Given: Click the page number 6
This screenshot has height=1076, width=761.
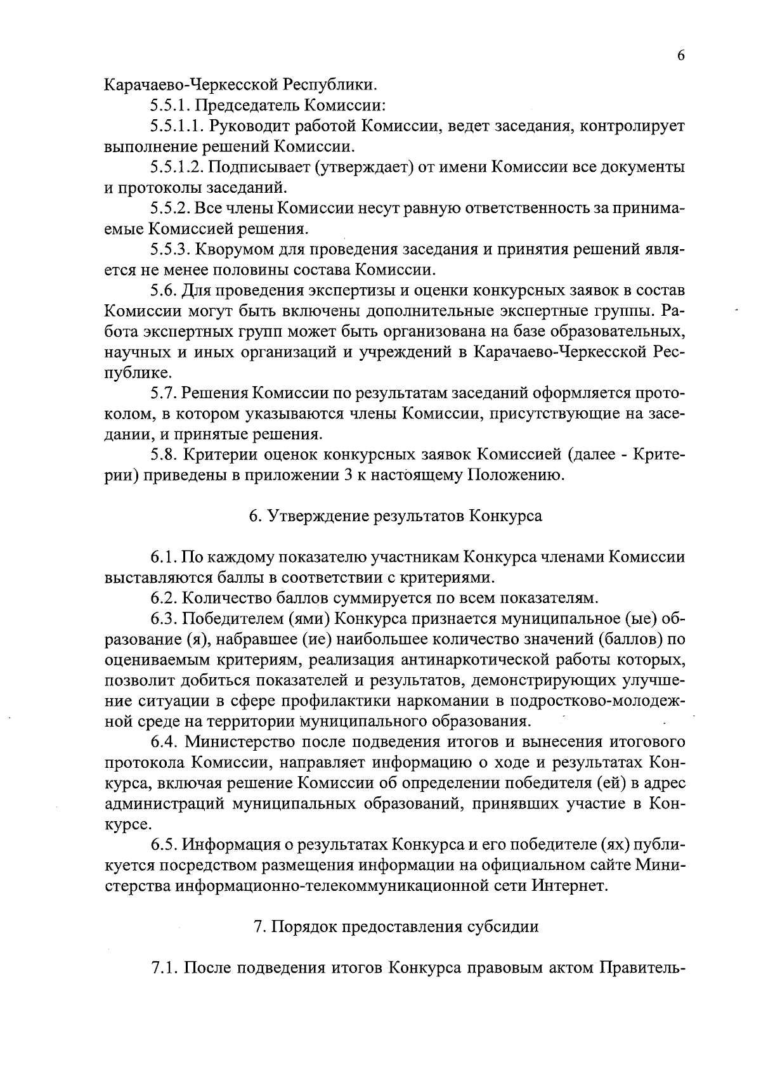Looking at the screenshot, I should pos(680,56).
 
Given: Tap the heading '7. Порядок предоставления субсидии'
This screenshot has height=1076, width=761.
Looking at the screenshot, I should pos(396,926).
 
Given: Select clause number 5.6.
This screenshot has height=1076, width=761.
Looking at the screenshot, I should pos(164,290).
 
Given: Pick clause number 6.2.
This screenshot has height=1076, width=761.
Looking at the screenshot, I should pos(164,598).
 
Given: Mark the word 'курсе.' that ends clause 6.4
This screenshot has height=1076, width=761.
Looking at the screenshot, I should pos(127,824).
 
